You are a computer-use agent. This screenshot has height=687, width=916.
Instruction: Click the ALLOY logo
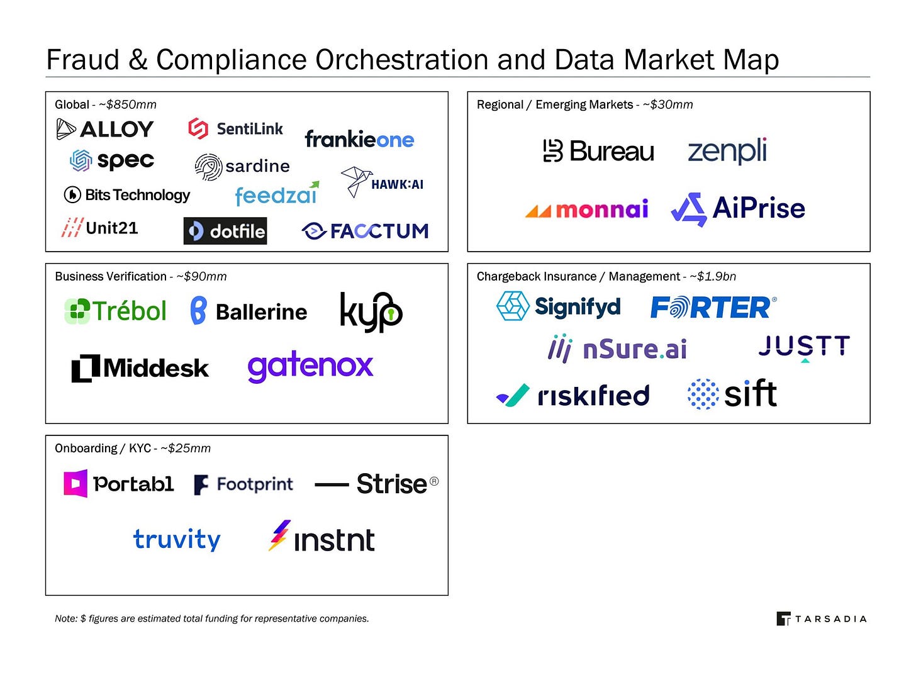pos(105,130)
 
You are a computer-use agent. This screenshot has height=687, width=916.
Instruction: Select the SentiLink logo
pos(236,128)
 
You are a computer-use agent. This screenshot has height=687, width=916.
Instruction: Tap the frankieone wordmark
pos(359,139)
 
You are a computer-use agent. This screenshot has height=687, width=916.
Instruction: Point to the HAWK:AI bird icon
pos(355,181)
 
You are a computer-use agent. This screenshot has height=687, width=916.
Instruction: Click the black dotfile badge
pos(225,231)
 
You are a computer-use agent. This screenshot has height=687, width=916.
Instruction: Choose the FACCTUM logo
pos(365,231)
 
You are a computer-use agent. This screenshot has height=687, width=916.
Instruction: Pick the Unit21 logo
pos(100,228)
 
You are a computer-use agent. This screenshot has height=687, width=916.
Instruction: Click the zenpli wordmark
pos(727,151)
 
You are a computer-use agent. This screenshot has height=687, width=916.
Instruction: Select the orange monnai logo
pos(586,209)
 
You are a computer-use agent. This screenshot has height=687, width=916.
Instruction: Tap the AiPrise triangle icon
pos(689,209)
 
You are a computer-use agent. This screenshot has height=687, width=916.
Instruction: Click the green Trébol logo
pos(116,311)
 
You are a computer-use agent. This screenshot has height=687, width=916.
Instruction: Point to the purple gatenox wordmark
pos(310,366)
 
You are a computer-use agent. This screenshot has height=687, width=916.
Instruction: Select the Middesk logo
pos(140,368)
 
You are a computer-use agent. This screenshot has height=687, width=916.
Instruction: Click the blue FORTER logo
pos(713,308)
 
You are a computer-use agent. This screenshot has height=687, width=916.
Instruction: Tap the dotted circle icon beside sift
pos(703,394)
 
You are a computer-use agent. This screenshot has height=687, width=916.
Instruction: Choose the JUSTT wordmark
pos(804,347)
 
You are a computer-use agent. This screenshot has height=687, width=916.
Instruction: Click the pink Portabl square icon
pos(75,483)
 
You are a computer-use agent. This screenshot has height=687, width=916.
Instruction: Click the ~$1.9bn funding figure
pos(713,276)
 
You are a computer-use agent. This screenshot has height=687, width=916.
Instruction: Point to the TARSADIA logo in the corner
pos(822,619)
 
